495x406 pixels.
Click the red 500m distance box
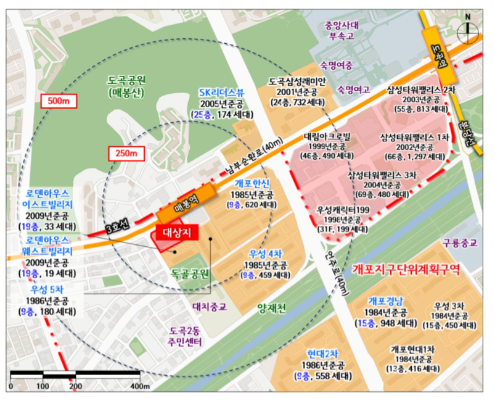point(59,100)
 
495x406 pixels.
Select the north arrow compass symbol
point(470,27)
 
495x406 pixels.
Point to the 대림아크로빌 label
point(327,136)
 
